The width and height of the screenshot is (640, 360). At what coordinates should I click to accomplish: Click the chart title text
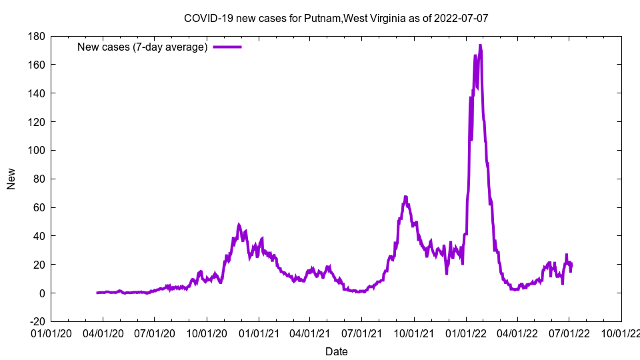(336, 18)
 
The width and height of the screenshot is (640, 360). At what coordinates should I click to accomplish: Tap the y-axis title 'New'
(11, 179)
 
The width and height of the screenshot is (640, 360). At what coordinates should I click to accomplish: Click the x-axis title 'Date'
(336, 351)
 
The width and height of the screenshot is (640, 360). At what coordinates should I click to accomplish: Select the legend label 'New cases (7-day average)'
(142, 47)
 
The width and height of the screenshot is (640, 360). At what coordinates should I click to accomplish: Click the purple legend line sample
(227, 47)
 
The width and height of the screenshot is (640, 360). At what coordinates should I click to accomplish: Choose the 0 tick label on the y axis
(41, 293)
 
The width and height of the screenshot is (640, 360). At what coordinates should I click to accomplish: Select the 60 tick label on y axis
(38, 207)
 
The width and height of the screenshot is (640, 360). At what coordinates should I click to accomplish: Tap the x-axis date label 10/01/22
(621, 331)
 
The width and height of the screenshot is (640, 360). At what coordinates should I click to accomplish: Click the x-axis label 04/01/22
(517, 331)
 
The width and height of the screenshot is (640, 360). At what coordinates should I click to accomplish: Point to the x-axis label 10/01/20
(207, 331)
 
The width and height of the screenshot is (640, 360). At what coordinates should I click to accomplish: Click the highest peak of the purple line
(480, 45)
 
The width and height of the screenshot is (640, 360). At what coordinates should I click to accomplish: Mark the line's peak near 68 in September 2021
(405, 197)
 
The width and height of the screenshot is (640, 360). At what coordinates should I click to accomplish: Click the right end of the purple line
(571, 265)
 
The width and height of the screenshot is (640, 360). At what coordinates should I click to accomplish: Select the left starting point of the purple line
(97, 293)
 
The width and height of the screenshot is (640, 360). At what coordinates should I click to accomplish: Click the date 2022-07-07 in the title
(461, 18)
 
